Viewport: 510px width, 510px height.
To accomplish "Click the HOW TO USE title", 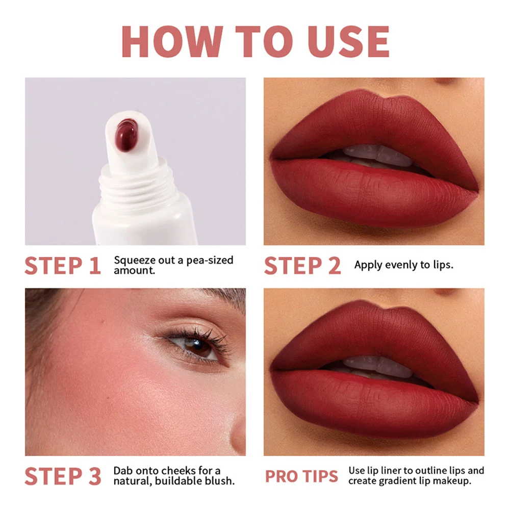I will click(x=255, y=41).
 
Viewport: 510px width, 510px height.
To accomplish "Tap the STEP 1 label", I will click(x=62, y=266).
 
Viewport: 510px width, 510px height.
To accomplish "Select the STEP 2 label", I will click(x=302, y=266).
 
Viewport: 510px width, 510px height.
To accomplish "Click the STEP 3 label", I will click(x=62, y=476).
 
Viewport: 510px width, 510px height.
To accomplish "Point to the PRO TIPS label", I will click(x=301, y=476).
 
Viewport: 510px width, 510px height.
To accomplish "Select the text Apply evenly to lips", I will click(x=403, y=265).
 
